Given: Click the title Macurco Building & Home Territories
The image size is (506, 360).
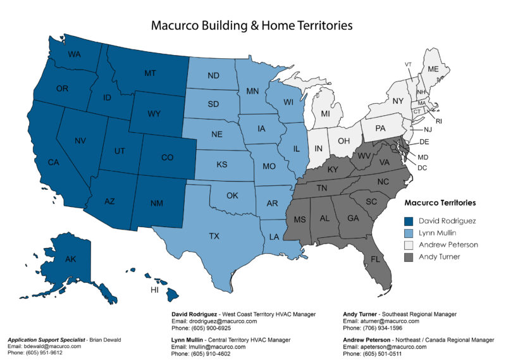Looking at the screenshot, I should (251, 26).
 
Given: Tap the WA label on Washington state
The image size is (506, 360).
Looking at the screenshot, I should (75, 54).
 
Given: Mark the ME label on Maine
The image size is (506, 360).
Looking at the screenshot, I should (433, 69).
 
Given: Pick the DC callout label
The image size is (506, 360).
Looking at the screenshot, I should (422, 168).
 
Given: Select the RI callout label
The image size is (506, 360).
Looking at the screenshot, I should (439, 120).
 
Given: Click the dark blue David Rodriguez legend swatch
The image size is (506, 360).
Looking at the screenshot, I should (410, 221).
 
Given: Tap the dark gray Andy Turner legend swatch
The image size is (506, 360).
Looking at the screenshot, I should (410, 256).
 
